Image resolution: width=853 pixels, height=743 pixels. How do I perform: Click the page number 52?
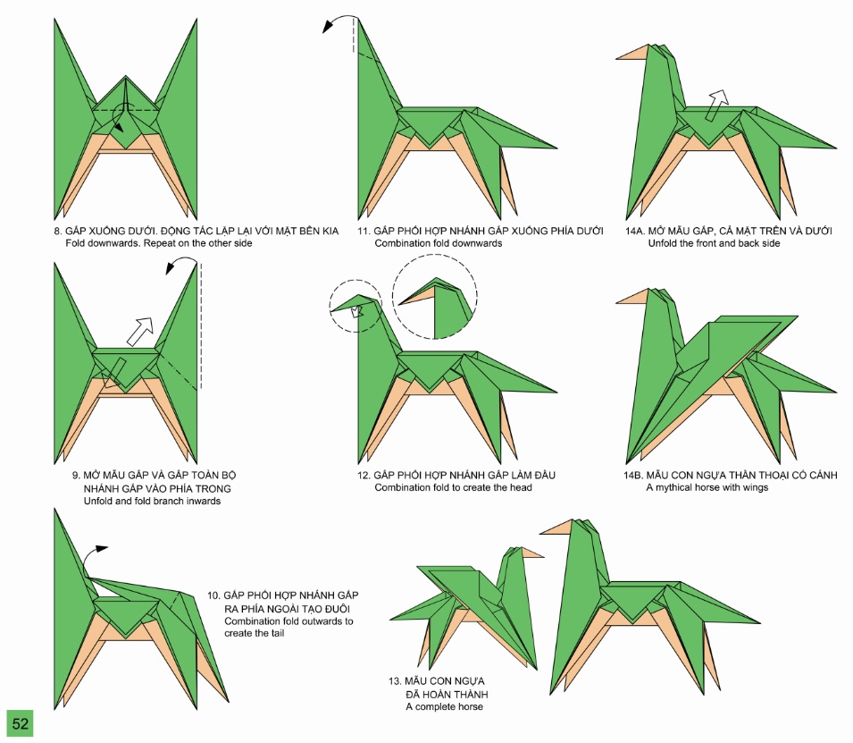pyautogui.click(x=20, y=723)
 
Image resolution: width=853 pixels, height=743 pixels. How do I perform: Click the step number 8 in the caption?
pyautogui.click(x=57, y=232)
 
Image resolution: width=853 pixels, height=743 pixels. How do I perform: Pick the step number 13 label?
pyautogui.click(x=394, y=681)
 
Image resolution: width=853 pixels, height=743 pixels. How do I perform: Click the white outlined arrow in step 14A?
pyautogui.click(x=715, y=104)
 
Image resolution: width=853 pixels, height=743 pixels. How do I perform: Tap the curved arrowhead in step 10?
pyautogui.click(x=103, y=546)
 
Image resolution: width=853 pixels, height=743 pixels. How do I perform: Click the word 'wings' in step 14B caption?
pyautogui.click(x=755, y=488)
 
